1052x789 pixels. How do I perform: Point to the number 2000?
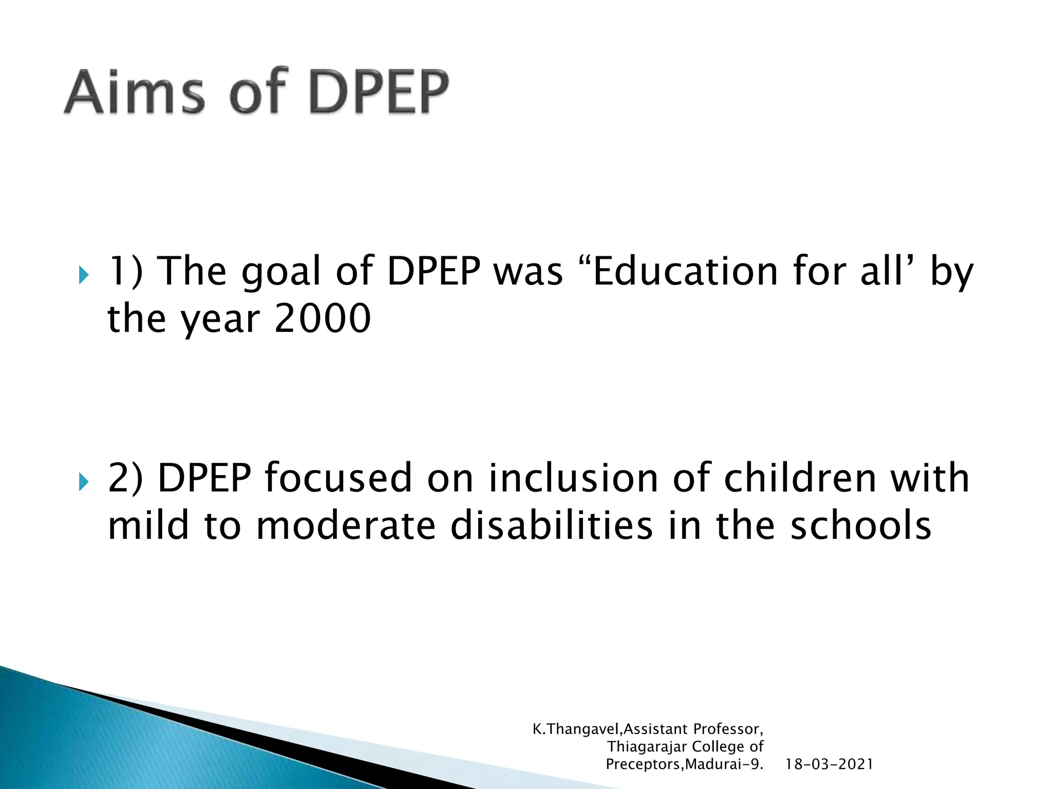click(322, 318)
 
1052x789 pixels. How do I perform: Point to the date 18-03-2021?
click(829, 764)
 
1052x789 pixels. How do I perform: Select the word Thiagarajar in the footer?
click(647, 747)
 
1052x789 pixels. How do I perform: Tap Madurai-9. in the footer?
click(724, 764)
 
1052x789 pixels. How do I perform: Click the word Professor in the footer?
click(728, 729)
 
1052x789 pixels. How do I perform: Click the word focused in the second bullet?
click(338, 478)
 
